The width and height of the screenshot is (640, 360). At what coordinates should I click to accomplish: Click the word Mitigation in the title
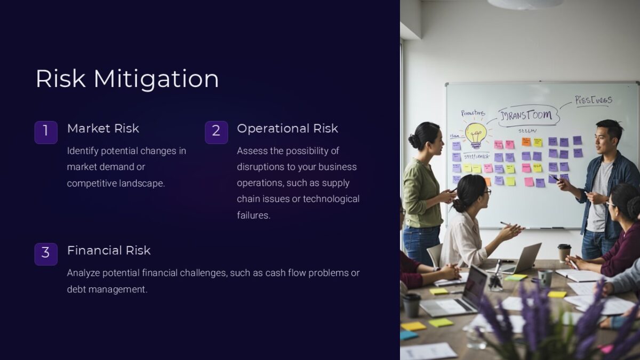point(156,79)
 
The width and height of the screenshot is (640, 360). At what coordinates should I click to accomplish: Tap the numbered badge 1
point(46,132)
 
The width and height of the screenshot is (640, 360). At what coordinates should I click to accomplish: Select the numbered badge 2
point(216,132)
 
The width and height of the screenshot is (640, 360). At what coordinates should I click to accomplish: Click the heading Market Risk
point(103,129)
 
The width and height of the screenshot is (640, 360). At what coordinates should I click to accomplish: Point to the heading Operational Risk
point(287,129)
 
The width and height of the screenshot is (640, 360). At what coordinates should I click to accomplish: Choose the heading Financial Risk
point(109,251)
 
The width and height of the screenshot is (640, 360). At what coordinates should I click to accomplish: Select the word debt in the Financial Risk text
point(77,290)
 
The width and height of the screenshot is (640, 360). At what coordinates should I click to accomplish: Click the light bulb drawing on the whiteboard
point(475,134)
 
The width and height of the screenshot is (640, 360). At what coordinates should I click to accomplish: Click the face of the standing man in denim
point(604,140)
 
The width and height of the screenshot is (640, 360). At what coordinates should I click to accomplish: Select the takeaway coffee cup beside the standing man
point(564,252)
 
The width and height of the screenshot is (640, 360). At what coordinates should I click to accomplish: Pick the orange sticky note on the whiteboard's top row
point(526,142)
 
